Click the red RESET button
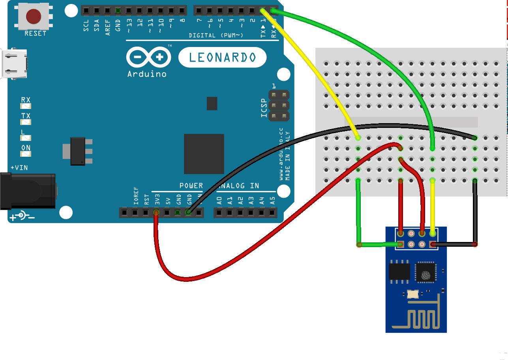click(x=34, y=17)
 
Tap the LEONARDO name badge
click(x=223, y=58)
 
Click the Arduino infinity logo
click(x=148, y=58)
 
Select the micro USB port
click(x=14, y=64)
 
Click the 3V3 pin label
click(x=157, y=198)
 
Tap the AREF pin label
click(x=108, y=29)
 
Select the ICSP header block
click(x=279, y=105)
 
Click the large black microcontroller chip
click(x=204, y=154)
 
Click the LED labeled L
click(x=26, y=138)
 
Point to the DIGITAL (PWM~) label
click(x=216, y=36)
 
